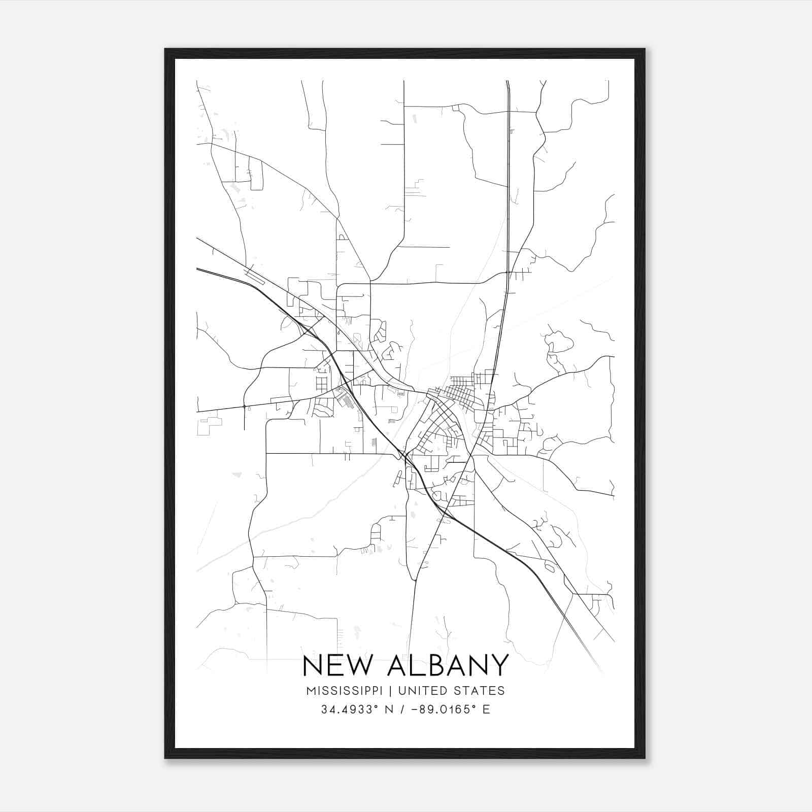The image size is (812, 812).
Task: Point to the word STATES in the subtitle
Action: [479, 691]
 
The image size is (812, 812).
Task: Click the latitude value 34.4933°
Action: [350, 709]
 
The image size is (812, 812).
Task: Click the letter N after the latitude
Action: [390, 709]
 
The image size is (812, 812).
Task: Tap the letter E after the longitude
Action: [486, 709]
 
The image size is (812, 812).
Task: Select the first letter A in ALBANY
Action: [398, 665]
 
